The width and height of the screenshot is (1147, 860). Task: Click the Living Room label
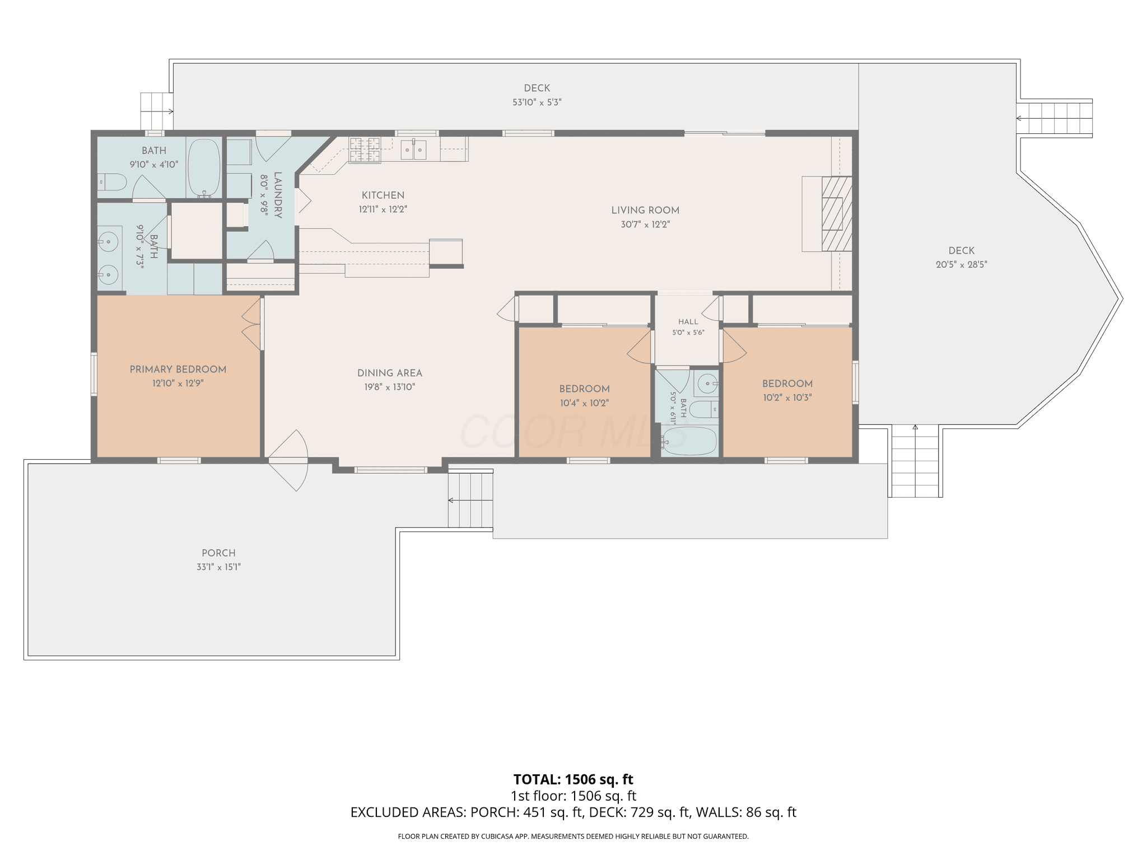645,211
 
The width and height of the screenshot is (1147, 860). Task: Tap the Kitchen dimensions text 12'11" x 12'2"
383,209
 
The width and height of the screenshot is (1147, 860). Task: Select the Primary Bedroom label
178,370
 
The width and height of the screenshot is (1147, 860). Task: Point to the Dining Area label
390,373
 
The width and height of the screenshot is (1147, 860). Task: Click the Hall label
688,322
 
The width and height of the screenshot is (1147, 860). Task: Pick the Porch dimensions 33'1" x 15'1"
218,567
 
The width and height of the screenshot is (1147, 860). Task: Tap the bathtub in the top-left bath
203,167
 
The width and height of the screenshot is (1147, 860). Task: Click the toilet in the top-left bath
112,182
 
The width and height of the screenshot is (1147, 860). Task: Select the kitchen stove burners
365,149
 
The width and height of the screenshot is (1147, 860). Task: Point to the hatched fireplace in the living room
837,213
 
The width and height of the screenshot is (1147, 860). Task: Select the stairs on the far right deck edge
1055,118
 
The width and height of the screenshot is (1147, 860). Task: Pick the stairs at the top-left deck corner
156,111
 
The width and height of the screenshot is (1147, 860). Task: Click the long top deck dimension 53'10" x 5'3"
537,102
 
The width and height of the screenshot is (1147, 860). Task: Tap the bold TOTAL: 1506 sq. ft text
573,779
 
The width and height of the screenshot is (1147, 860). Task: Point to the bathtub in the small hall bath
689,441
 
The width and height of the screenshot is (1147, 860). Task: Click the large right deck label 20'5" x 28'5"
962,265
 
